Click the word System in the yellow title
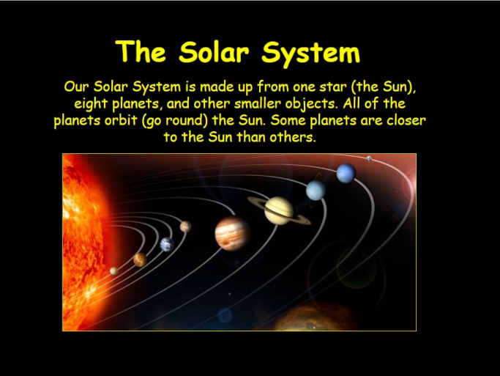pos(311,53)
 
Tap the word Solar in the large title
pos(214,52)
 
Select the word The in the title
pos(141,51)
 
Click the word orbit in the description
pos(121,120)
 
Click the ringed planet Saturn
pos(279,210)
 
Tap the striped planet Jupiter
pos(232,233)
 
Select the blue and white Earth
pos(167,245)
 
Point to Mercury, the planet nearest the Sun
pos(114,271)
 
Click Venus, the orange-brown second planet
pos(140,259)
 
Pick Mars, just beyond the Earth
pos(185,226)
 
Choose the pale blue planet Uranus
pos(316,191)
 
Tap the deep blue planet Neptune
pos(346,173)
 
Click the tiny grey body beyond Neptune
pos(369,158)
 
